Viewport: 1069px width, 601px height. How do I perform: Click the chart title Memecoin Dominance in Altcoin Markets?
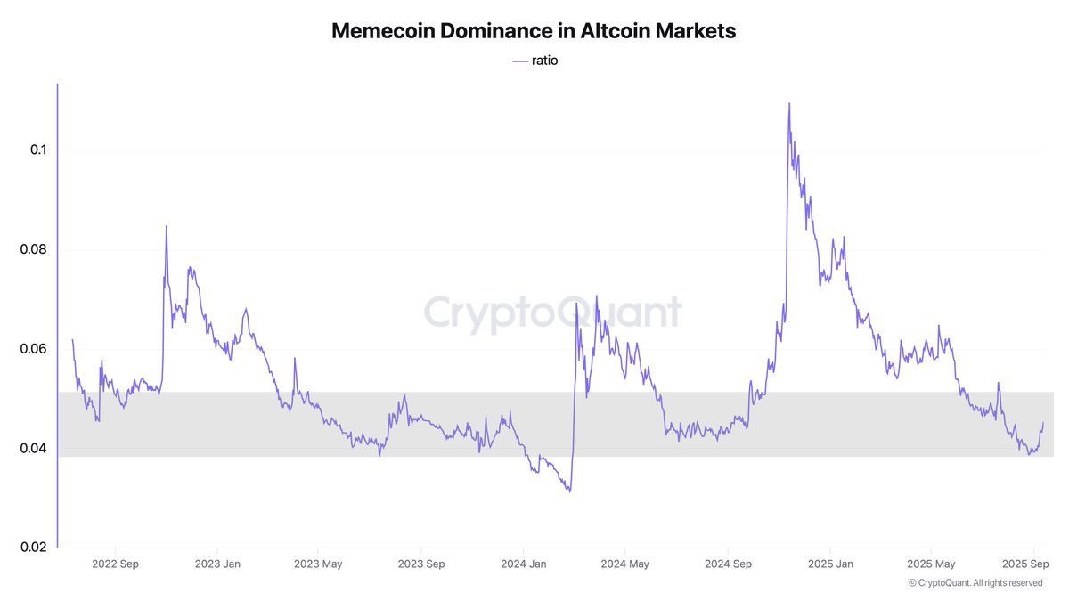click(x=534, y=30)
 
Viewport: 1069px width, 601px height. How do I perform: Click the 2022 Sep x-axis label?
click(x=115, y=564)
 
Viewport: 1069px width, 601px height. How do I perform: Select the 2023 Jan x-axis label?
click(x=217, y=564)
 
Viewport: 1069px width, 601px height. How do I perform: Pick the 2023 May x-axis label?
click(x=318, y=564)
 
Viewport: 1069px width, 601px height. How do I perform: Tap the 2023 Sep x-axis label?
click(x=421, y=564)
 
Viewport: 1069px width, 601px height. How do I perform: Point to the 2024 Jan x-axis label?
click(x=524, y=564)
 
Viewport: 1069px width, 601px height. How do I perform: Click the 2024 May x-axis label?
click(x=624, y=564)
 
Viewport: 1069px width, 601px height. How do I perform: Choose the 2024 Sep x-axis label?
click(x=728, y=564)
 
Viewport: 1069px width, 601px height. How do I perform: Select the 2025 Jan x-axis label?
click(x=830, y=564)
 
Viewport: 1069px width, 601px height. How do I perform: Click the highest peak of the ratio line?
click(x=789, y=104)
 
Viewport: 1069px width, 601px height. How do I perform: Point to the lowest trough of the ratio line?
click(x=568, y=491)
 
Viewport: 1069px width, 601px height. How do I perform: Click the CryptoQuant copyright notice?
click(x=975, y=582)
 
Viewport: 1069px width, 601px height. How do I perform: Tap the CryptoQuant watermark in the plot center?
click(x=552, y=313)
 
